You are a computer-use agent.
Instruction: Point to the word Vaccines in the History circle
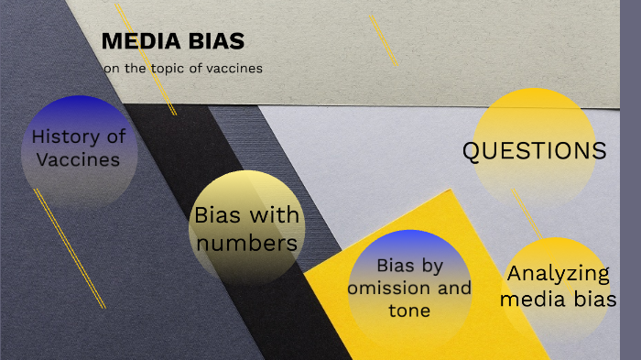[x=79, y=159]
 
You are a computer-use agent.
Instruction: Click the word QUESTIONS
[x=534, y=152]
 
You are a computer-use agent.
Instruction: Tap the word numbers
[x=247, y=243]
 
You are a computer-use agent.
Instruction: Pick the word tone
[x=408, y=311]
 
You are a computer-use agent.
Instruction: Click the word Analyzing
[x=558, y=274]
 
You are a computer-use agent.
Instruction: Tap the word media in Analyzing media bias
[x=540, y=299]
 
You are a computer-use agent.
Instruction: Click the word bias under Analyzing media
[x=596, y=299]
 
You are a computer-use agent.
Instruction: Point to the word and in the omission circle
[x=454, y=289]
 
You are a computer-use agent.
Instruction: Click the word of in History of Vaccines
[x=115, y=137]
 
